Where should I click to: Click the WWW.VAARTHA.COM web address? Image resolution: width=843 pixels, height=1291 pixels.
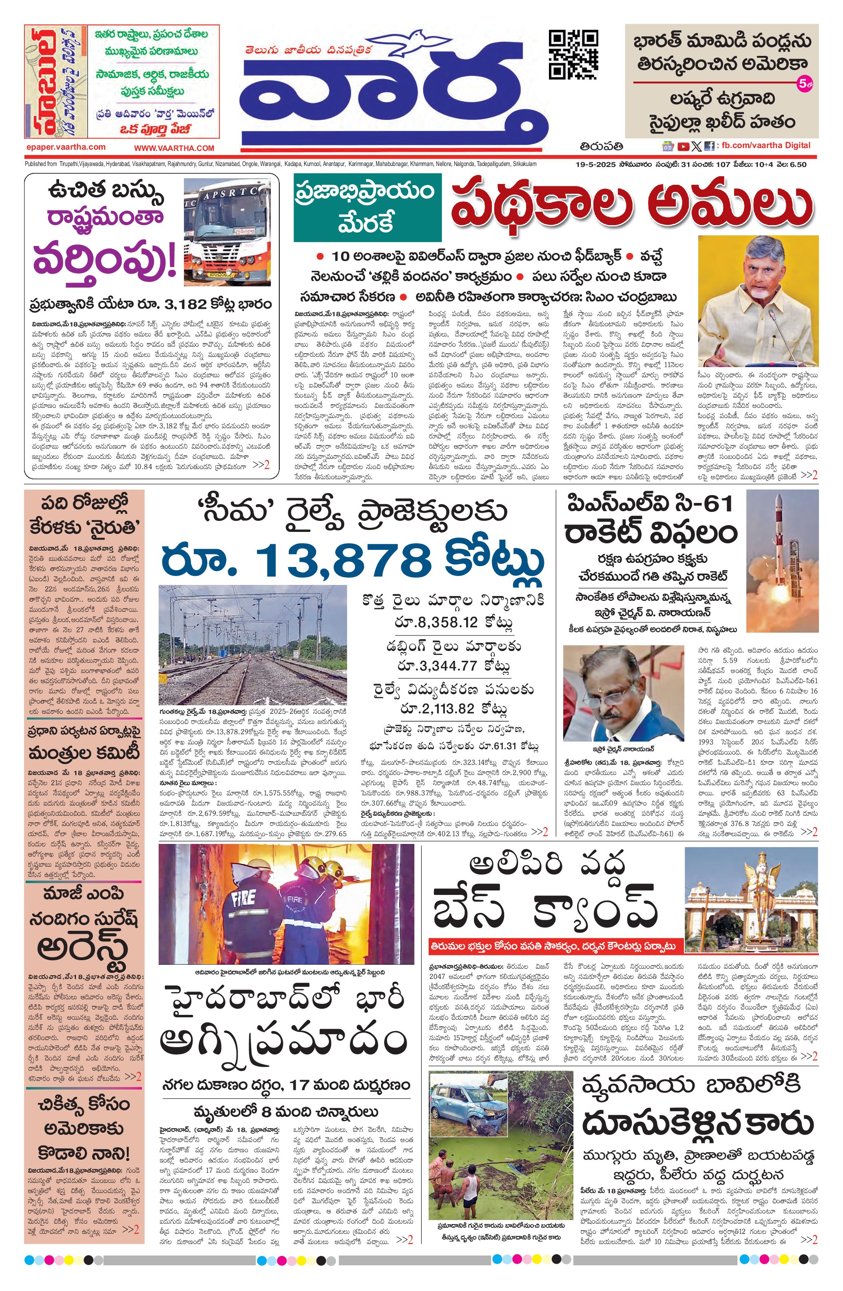pos(174,148)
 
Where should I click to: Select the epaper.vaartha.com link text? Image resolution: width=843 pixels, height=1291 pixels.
pos(66,147)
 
